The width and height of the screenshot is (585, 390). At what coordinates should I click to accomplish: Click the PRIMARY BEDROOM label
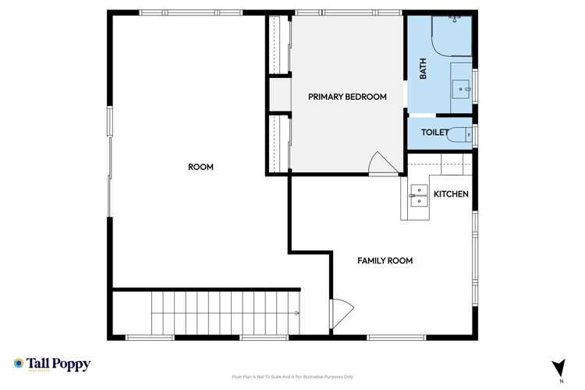point(347,97)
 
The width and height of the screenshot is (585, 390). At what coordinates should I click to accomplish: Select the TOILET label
point(434,133)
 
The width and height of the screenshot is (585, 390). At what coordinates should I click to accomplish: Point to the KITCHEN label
point(451,193)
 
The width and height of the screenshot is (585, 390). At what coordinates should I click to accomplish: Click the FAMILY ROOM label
point(385,261)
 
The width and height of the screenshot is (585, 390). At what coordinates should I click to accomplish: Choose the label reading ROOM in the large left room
point(200,167)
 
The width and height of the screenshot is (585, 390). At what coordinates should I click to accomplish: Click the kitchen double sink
point(419,194)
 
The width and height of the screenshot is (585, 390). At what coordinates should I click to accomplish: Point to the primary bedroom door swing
point(382,163)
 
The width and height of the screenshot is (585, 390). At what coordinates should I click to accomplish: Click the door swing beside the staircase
point(342,314)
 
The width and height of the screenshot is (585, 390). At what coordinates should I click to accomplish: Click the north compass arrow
point(558,367)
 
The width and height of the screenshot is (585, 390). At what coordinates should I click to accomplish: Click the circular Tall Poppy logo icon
point(19,363)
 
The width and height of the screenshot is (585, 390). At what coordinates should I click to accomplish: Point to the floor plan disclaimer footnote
point(292,377)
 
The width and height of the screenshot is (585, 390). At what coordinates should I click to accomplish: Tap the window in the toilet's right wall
point(474,134)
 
